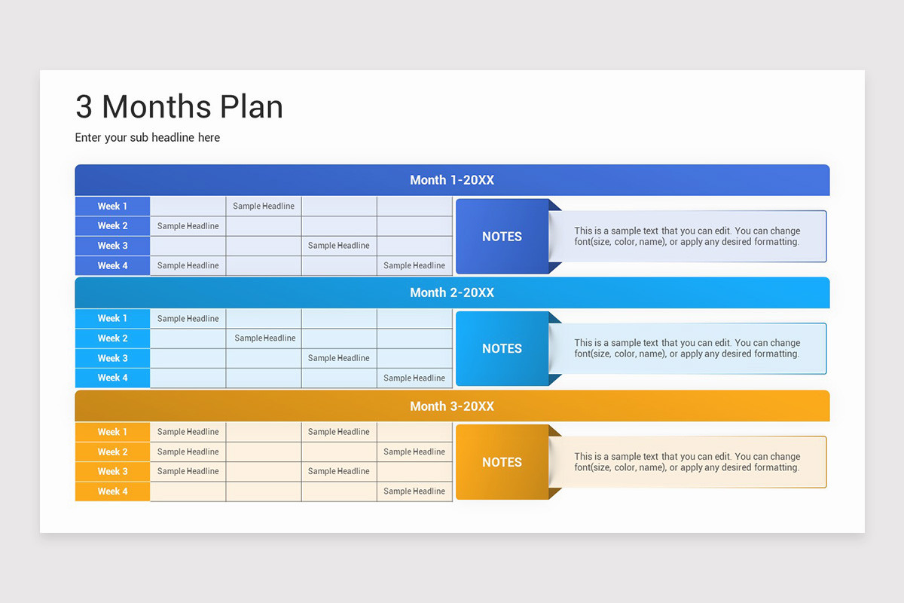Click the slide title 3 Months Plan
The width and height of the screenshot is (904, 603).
pos(179,107)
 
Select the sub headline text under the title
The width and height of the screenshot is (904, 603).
pos(148,138)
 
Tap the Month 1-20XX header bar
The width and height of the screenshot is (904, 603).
pos(452,180)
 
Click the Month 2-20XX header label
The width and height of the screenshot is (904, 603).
pos(452,292)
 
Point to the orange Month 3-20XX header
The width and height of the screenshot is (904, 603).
pos(452,406)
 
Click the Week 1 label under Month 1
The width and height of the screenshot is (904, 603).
pos(112,207)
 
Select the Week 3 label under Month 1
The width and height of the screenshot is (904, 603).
pos(112,246)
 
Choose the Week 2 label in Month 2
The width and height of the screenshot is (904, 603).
pos(112,338)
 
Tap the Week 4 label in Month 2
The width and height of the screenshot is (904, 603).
pos(112,378)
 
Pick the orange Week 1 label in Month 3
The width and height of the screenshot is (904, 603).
pos(112,432)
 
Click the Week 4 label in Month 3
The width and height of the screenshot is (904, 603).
pos(112,491)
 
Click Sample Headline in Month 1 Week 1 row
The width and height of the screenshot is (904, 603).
pos(264,207)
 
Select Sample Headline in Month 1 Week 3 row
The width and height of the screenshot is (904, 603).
pos(339,246)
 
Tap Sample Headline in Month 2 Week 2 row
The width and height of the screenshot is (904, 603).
pos(265,338)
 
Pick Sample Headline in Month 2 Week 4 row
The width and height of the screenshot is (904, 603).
pos(414,378)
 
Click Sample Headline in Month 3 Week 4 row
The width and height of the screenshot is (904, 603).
pos(414,491)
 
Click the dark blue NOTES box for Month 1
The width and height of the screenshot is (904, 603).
pos(502,237)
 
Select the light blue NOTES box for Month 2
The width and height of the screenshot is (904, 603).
pos(502,349)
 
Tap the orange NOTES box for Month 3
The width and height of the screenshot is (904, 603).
pos(502,463)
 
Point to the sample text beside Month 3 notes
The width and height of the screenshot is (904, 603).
pos(687,462)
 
